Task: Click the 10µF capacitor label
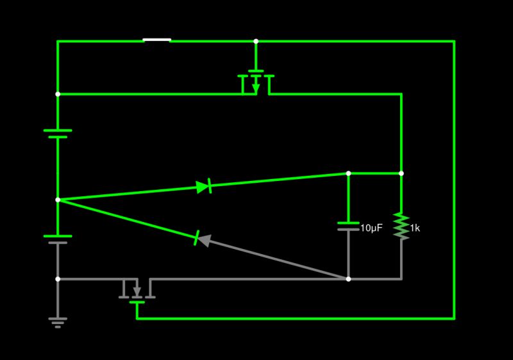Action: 371,228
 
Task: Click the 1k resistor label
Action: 414,228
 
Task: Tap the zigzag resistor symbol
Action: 401,226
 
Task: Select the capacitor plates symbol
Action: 348,225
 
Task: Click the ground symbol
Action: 58,321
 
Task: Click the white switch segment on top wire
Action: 156,40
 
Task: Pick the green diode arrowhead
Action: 203,187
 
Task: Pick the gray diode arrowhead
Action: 203,240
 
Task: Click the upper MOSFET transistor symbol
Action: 256,82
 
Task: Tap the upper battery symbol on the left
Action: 58,133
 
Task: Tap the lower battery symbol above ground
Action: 58,239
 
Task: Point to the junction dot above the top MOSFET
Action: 256,41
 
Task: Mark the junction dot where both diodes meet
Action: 58,200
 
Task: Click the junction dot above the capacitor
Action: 348,173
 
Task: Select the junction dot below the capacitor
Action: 348,279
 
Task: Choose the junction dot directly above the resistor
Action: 401,173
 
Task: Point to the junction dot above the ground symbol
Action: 58,279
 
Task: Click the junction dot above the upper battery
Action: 58,94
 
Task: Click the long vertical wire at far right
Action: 454,180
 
